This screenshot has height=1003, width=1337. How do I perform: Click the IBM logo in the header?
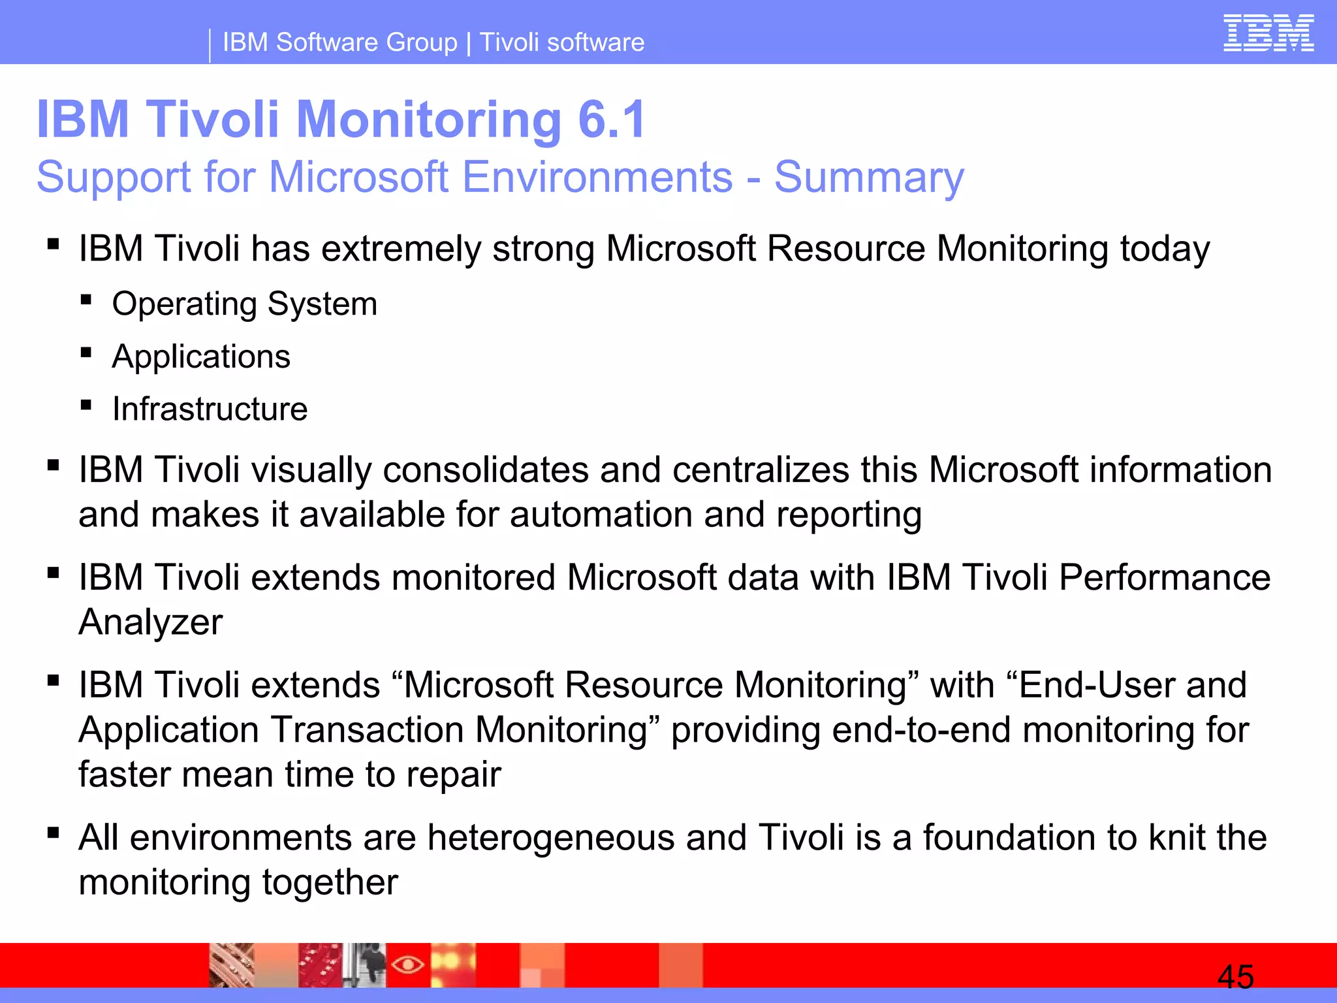point(1268,33)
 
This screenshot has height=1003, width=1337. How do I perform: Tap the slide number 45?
point(1235,977)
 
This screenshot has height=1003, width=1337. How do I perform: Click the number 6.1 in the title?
point(612,119)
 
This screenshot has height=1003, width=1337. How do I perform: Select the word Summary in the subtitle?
point(869,178)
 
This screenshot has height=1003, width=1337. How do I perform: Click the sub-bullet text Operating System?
point(244,304)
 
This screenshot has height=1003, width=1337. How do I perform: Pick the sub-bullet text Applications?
point(200,357)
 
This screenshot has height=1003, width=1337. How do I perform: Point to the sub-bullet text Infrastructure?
point(210,409)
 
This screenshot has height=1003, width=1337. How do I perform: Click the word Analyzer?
point(150,622)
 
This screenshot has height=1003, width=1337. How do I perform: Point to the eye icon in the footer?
point(408,964)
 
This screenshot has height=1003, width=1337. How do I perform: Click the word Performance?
point(1164,577)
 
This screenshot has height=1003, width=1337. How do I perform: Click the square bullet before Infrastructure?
point(86,405)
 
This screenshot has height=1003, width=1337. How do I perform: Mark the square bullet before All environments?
point(54,833)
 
